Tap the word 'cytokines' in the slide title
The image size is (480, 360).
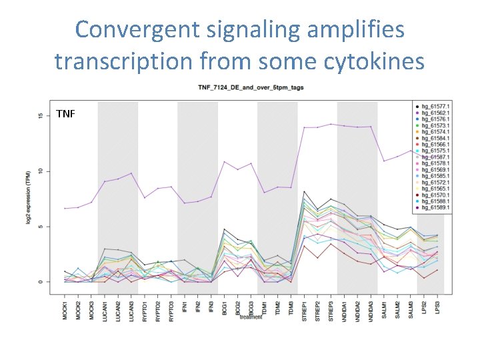pos(370,61)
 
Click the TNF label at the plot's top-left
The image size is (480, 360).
pos(66,113)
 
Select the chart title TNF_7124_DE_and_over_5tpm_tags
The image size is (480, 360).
pos(249,89)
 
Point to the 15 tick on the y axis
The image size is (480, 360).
pos(40,116)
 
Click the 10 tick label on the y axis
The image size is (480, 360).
pos(40,171)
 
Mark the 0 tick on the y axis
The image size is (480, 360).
pos(40,281)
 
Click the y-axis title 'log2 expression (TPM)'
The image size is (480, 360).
pos(29,198)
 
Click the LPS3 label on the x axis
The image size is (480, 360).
pos(438,306)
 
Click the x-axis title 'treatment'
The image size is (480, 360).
pos(252,317)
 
